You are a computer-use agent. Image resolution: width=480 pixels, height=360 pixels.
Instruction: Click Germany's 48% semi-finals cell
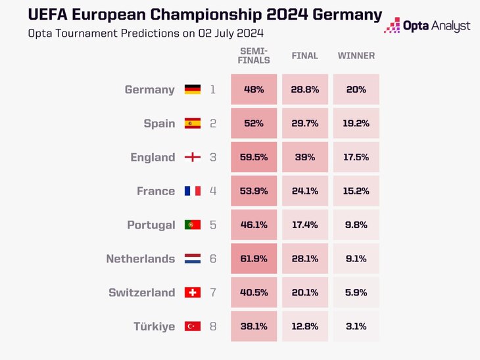[254, 89]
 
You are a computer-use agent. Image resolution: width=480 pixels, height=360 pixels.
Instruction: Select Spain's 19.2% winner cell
[356, 124]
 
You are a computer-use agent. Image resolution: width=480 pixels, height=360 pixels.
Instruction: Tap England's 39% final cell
[305, 157]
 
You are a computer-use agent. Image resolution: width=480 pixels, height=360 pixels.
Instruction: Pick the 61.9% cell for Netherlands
[254, 259]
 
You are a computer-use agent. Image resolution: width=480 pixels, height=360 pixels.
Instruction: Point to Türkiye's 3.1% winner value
[356, 326]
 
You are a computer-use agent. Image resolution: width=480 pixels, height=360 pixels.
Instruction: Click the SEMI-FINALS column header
[254, 56]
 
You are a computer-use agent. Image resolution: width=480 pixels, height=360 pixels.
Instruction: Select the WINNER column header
[356, 56]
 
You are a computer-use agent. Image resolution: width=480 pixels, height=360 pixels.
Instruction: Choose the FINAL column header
[305, 56]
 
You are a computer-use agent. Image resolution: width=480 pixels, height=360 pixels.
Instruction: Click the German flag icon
[193, 89]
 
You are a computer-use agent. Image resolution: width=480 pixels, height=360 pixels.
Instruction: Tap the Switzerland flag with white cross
[193, 293]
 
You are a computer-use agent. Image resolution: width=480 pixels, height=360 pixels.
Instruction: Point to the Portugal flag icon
[193, 225]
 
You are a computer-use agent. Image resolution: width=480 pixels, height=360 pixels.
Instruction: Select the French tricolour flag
[193, 191]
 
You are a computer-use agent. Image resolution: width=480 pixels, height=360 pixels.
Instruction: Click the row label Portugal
[151, 225]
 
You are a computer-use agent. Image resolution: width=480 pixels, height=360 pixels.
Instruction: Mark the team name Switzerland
[141, 293]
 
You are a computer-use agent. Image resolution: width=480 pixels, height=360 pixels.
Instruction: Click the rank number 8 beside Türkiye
[213, 326]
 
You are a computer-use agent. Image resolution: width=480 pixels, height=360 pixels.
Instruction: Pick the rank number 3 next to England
[213, 157]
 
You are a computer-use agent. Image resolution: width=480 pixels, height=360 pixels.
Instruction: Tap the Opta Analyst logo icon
[392, 26]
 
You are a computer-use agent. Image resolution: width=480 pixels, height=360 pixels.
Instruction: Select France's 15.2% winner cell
[356, 191]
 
